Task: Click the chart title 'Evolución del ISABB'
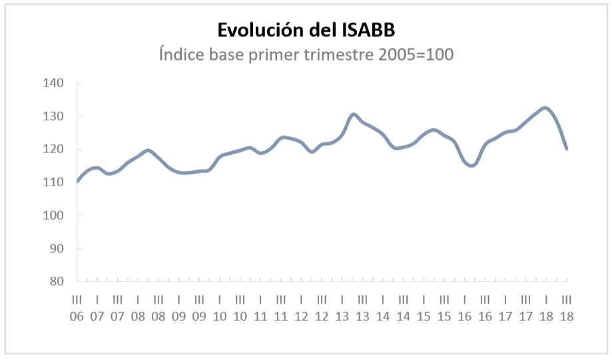click(x=306, y=30)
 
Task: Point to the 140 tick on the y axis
click(x=53, y=83)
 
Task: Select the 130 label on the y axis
click(x=53, y=116)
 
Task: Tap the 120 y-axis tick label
click(x=53, y=149)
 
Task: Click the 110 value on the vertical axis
click(x=53, y=182)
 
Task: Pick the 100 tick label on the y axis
click(x=53, y=216)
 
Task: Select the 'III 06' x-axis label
click(x=77, y=308)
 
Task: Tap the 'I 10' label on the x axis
click(x=220, y=308)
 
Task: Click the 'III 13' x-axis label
click(x=362, y=308)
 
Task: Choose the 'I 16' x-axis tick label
click(x=465, y=308)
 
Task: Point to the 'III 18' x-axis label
click(x=567, y=308)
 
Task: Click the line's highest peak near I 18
click(x=545, y=108)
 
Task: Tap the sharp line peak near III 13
click(x=353, y=114)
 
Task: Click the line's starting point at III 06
click(x=77, y=182)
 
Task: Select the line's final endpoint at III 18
click(x=566, y=148)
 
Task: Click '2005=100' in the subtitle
click(x=416, y=54)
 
